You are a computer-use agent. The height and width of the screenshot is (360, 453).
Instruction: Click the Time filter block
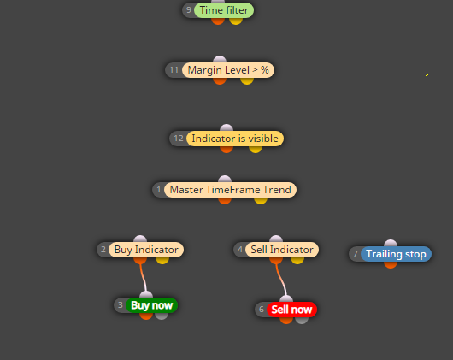click(x=224, y=10)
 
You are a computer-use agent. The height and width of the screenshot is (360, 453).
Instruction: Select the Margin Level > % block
click(x=228, y=70)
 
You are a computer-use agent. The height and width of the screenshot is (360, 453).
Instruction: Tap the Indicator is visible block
click(x=235, y=139)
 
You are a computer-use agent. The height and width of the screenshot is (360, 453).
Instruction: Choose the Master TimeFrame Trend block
click(x=230, y=190)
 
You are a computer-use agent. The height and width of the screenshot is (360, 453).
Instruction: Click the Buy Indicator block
click(x=146, y=250)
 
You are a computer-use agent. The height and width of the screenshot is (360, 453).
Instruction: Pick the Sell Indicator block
click(x=282, y=250)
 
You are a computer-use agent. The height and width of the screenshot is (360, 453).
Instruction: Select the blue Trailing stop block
click(x=396, y=254)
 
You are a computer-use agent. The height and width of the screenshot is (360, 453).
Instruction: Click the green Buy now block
click(x=151, y=305)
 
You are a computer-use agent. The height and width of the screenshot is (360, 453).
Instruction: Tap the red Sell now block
click(x=291, y=310)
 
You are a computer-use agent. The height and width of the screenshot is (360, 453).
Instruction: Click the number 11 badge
click(x=174, y=70)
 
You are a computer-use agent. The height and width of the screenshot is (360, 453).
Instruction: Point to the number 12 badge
click(x=179, y=139)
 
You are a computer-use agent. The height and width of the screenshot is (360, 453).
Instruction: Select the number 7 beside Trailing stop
click(x=356, y=254)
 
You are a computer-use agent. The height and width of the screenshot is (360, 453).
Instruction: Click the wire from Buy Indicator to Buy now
click(x=143, y=277)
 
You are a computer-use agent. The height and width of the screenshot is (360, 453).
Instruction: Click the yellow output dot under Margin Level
click(x=247, y=81)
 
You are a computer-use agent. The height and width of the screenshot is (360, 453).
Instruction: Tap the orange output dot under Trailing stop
click(x=391, y=264)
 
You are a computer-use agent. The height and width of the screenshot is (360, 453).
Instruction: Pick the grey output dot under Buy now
click(x=162, y=316)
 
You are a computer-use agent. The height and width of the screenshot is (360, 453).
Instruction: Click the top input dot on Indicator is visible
click(x=226, y=127)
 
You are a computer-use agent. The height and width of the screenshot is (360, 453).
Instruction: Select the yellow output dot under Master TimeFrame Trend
click(x=261, y=200)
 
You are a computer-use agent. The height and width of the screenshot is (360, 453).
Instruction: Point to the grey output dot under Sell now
click(x=302, y=321)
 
